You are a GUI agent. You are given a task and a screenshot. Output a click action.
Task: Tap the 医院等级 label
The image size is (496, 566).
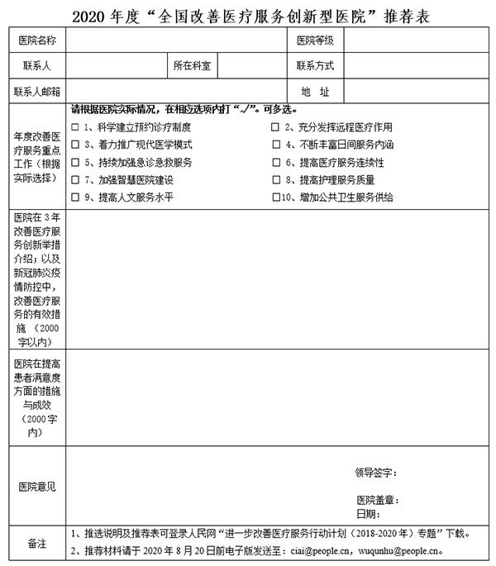pos(315,41)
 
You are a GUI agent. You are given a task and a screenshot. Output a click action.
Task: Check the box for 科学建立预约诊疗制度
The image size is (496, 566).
pos(76,127)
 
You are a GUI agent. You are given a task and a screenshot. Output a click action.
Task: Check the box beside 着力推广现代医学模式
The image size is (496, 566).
pos(76,145)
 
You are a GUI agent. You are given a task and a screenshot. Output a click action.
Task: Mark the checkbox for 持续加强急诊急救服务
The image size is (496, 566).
pos(76,162)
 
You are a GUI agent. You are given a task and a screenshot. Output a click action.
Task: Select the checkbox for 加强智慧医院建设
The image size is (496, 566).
pos(76,179)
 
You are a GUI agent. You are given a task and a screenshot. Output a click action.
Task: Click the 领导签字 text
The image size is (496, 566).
pos(375,473)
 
